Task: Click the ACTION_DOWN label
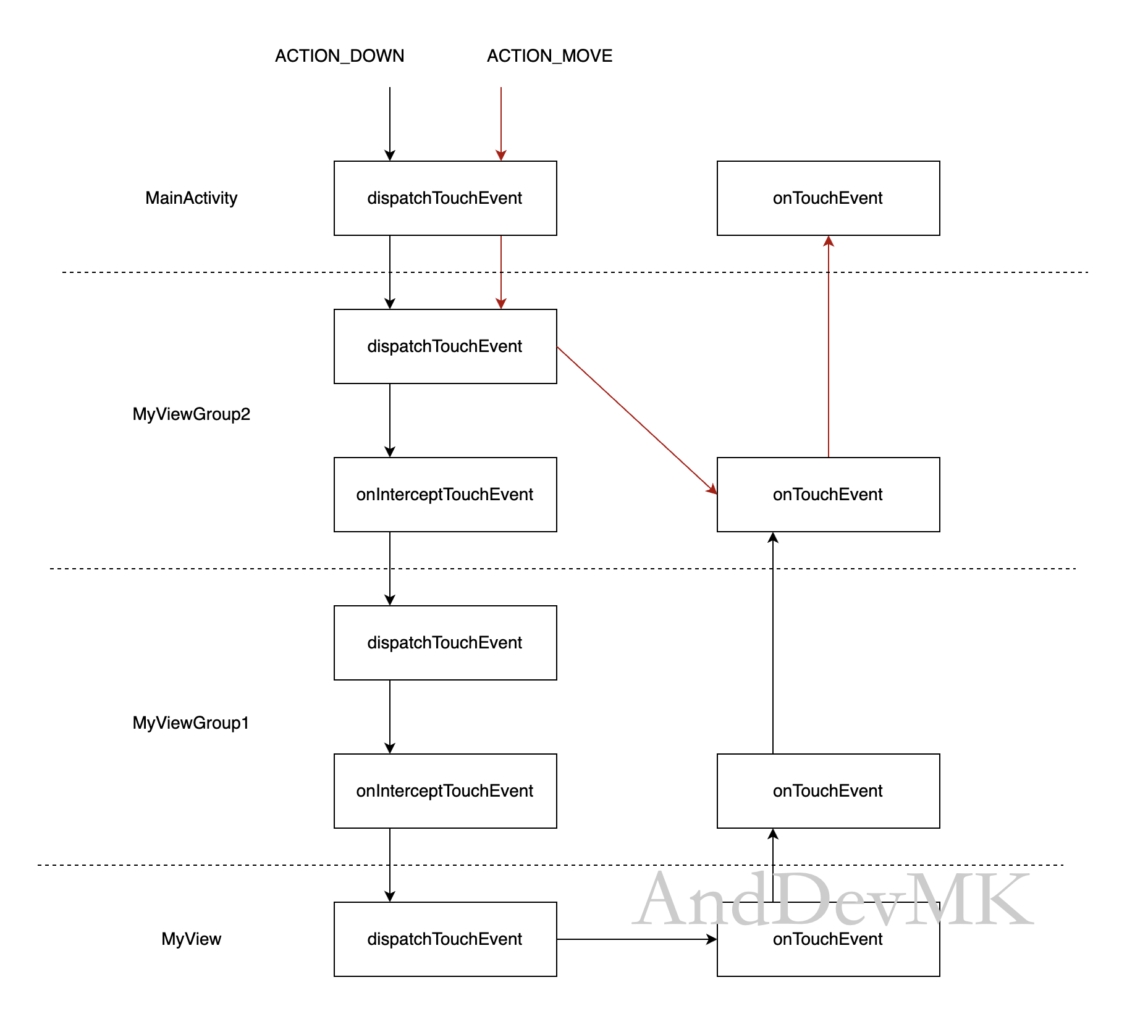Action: (339, 56)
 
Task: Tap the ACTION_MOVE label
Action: (549, 56)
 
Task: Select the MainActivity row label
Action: (191, 198)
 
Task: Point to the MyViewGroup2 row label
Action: (191, 414)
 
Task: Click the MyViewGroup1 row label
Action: (191, 723)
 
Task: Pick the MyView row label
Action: (191, 939)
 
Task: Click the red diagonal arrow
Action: (637, 421)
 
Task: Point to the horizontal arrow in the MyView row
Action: (637, 939)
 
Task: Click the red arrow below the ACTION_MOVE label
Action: (501, 124)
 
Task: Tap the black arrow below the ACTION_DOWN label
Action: (390, 124)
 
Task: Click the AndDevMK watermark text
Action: (833, 898)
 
